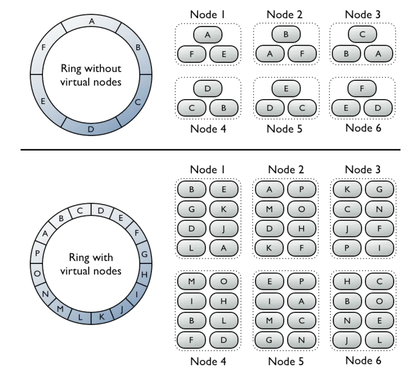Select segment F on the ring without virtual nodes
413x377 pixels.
pyautogui.click(x=44, y=48)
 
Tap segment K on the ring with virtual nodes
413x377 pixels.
pyautogui.click(x=102, y=317)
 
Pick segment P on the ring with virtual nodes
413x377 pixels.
pyautogui.click(x=37, y=253)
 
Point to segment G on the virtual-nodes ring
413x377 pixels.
pyautogui.click(x=145, y=254)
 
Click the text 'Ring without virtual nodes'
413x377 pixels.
pyautogui.click(x=91, y=75)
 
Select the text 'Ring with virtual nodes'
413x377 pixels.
pyautogui.click(x=91, y=264)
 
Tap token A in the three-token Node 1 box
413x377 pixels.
pyautogui.click(x=208, y=35)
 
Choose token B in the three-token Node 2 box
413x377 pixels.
pyautogui.click(x=286, y=34)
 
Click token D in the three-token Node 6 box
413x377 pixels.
pyautogui.click(x=378, y=108)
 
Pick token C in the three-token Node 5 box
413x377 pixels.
pyautogui.click(x=302, y=108)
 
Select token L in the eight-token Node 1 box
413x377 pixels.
pyautogui.click(x=192, y=248)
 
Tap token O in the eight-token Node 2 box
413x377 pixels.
pyautogui.click(x=302, y=209)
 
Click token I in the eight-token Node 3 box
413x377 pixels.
pyautogui.click(x=379, y=248)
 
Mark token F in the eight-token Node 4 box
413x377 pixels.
pyautogui.click(x=192, y=340)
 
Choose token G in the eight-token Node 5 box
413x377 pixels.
pyautogui.click(x=269, y=340)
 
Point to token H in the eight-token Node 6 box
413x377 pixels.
pyautogui.click(x=347, y=281)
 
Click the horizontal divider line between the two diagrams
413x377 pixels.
pyautogui.click(x=210, y=150)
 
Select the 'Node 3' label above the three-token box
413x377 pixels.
pyautogui.click(x=363, y=14)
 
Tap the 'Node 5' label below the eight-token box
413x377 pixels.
pyautogui.click(x=286, y=361)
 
